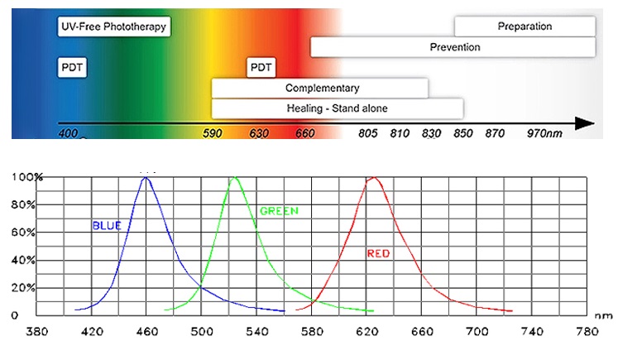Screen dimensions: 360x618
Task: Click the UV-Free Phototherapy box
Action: (x=113, y=26)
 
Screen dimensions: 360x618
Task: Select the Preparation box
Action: (x=525, y=26)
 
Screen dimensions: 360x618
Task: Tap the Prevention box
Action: (x=453, y=47)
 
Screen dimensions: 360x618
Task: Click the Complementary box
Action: (x=320, y=88)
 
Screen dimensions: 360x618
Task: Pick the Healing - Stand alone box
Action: (x=337, y=108)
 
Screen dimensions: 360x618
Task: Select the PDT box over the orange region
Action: (x=261, y=67)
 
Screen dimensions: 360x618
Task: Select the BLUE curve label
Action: (x=106, y=224)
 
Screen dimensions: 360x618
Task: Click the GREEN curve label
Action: (x=279, y=211)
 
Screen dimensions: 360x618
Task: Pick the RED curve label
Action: (x=379, y=253)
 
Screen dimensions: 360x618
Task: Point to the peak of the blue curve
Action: (x=146, y=177)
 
